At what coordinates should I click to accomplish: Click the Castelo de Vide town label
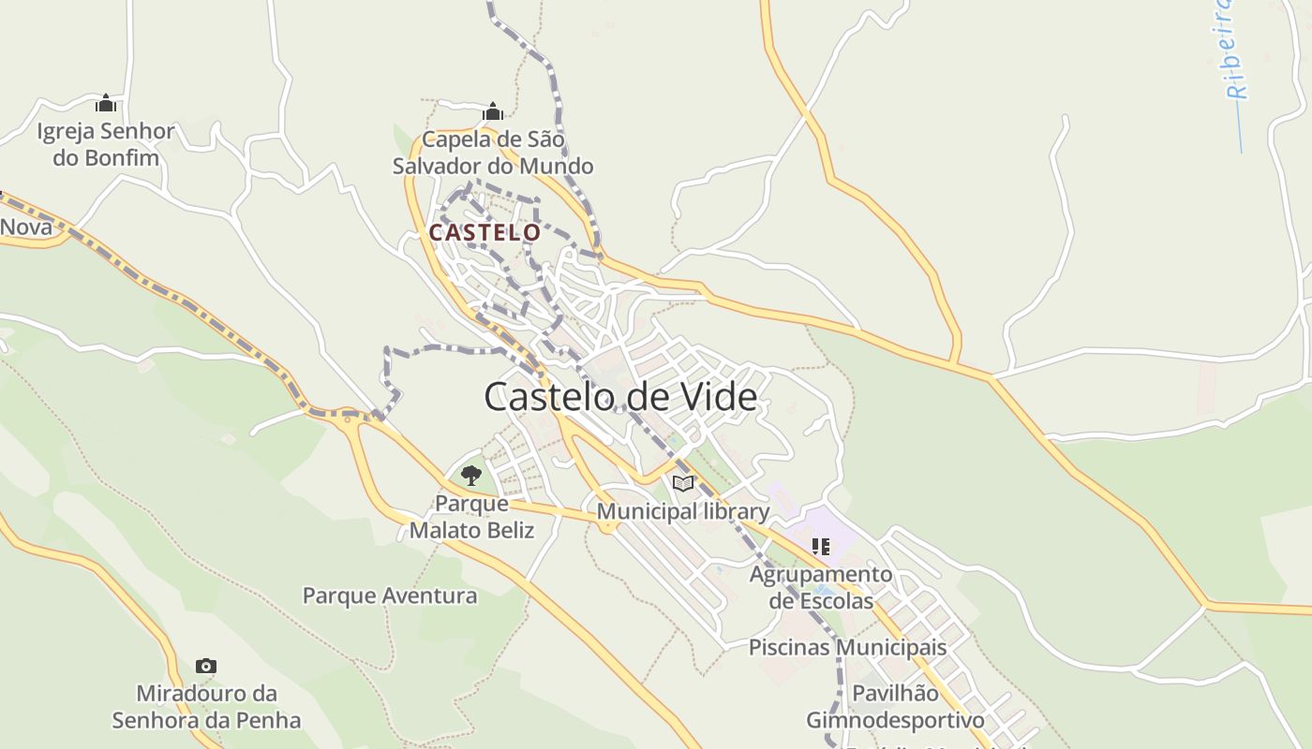coord(620,397)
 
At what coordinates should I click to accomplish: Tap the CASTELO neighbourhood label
coord(485,232)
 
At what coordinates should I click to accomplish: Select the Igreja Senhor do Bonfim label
coord(106,144)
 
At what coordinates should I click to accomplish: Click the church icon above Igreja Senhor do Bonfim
coord(106,103)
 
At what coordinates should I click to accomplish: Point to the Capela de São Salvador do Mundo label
coord(493,153)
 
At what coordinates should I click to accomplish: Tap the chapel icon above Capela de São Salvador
coord(493,112)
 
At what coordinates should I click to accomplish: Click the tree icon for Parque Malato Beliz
coord(471,476)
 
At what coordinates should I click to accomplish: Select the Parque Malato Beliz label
coord(471,517)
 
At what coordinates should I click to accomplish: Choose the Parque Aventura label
coord(390,595)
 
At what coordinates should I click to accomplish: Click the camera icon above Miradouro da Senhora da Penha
coord(206,667)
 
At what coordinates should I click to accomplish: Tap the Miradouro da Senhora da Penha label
coord(206,707)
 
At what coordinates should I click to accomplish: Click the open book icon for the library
coord(684,483)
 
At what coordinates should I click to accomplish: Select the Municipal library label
coord(683,512)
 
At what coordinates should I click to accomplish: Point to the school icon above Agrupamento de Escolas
coord(821,546)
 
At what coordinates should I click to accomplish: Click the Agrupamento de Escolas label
coord(821,587)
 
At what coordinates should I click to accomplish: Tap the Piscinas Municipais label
coord(847,647)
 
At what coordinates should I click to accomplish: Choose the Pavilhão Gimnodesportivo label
coord(895,707)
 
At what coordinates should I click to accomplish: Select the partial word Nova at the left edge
coord(25,227)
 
